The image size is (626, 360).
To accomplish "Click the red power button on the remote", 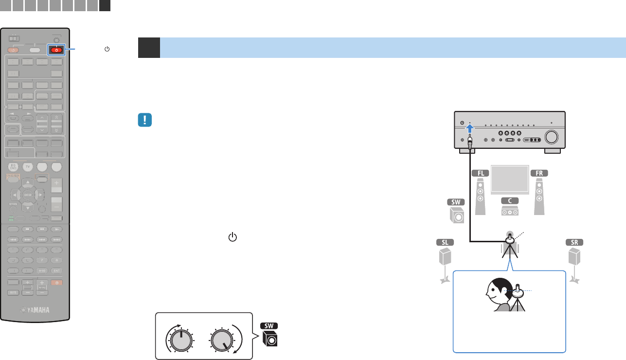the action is (56, 50).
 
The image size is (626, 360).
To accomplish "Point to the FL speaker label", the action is (480, 173).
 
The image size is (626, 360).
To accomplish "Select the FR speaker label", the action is (539, 173).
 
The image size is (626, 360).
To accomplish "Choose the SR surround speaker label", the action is (574, 242).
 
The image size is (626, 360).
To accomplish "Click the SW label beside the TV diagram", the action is (457, 202).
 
